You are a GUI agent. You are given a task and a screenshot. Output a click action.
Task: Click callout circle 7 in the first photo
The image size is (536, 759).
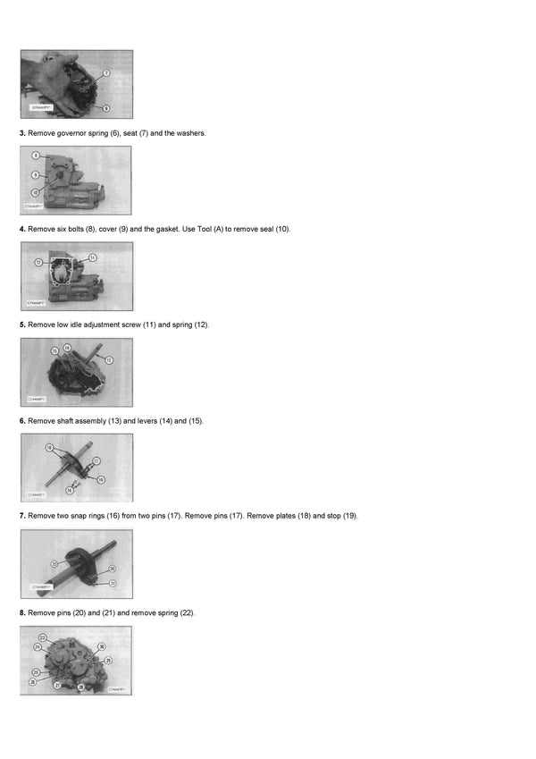[x=105, y=72]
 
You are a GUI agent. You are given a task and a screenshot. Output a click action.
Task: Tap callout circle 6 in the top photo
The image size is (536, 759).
[x=105, y=106]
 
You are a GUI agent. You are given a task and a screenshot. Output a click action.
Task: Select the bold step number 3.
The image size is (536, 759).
[x=22, y=133]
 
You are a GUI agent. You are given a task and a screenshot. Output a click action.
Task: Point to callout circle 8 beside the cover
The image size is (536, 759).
[x=36, y=156]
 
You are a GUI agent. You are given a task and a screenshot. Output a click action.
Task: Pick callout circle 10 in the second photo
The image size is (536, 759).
[x=36, y=192]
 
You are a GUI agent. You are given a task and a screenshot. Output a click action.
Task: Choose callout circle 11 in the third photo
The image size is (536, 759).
[x=92, y=257]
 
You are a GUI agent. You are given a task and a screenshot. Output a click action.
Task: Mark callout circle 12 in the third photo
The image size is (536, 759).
[x=38, y=263]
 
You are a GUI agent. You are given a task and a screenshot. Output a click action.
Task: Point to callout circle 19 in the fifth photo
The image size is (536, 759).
[x=101, y=479]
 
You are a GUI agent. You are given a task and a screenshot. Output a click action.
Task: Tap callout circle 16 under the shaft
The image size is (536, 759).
[x=69, y=490]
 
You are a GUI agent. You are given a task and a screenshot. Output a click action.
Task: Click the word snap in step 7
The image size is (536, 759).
[x=85, y=516]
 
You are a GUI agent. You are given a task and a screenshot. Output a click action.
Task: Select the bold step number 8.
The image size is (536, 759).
[x=22, y=612]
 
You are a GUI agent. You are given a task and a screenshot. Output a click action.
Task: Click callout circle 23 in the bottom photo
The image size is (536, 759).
[x=41, y=637]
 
